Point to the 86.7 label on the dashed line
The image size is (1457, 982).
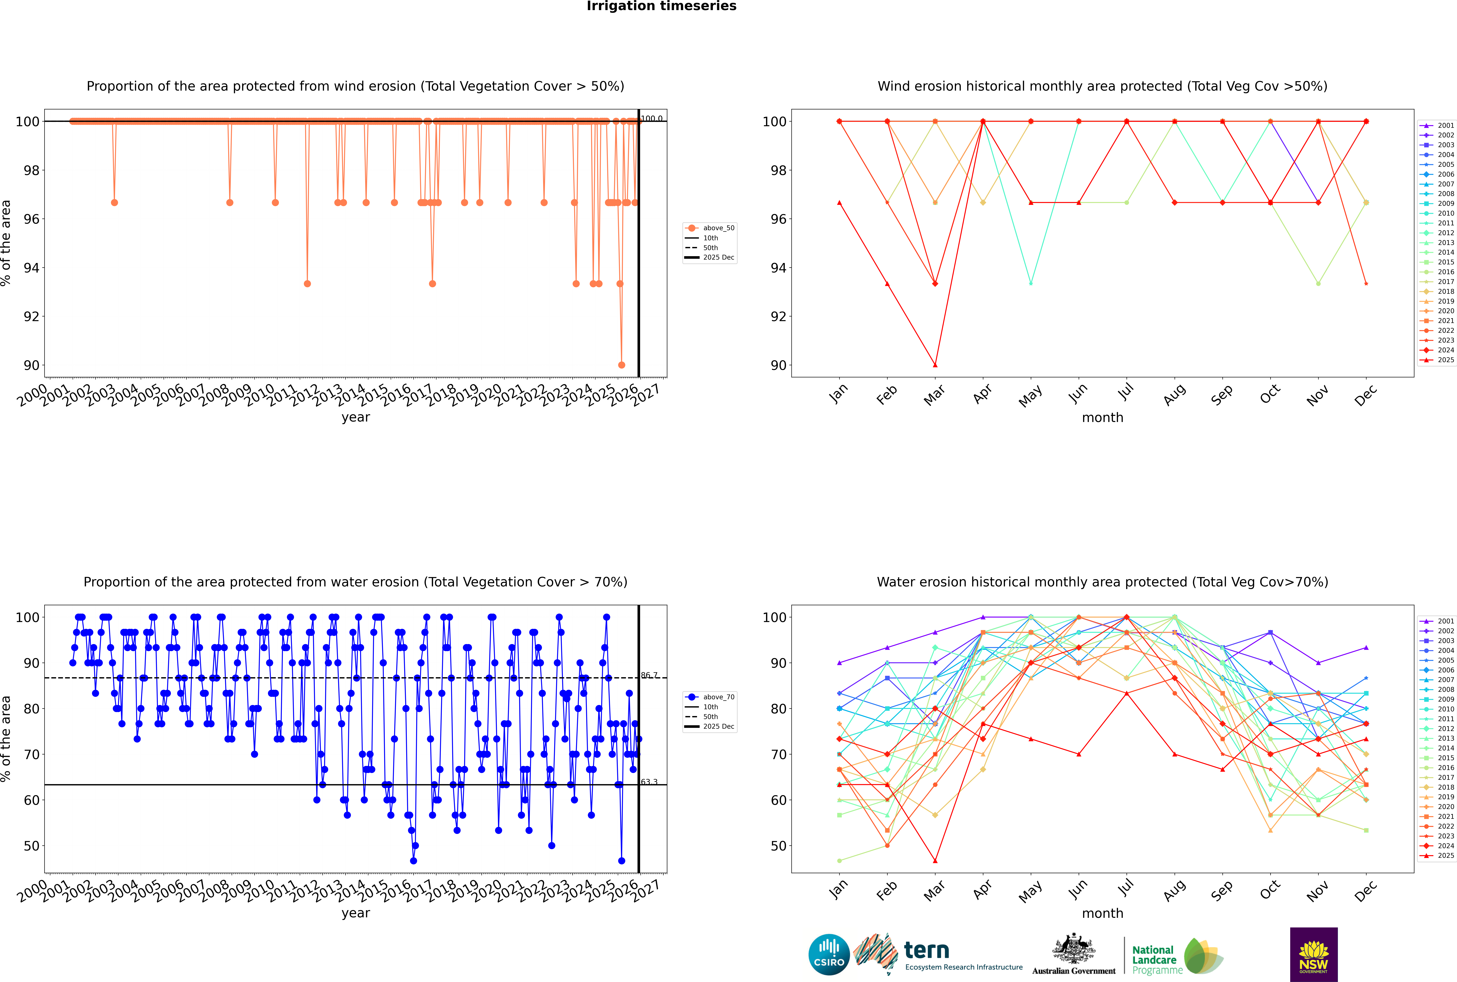point(649,675)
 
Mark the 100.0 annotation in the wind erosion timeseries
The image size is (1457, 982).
point(651,118)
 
